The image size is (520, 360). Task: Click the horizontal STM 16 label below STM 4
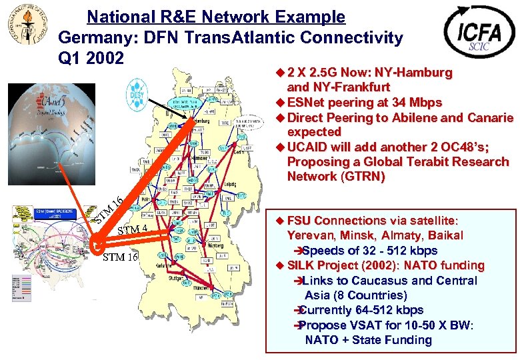120,257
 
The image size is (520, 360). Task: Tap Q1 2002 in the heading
91,59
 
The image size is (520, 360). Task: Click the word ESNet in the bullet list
307,103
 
